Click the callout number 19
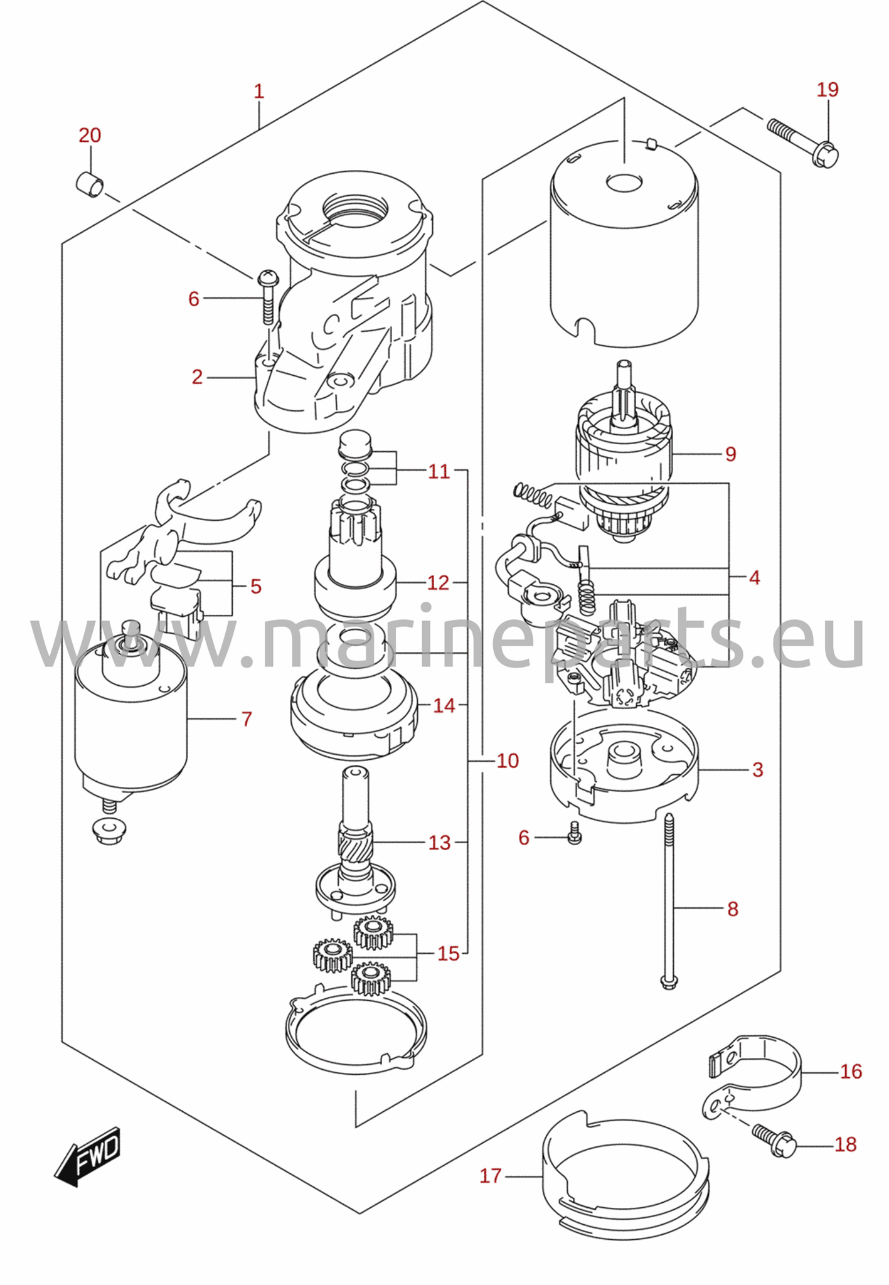click(828, 90)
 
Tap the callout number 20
click(90, 135)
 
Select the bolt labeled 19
click(804, 143)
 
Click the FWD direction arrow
click(87, 1156)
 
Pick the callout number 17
click(491, 1176)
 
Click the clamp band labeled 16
click(751, 1077)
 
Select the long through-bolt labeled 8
click(669, 902)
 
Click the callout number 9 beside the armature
click(730, 454)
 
